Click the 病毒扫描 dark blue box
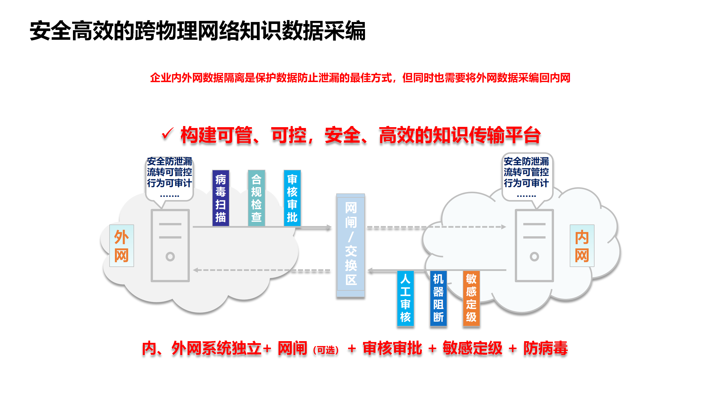221,198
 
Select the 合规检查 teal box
256,198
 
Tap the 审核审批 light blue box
292,198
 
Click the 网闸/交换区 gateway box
351,245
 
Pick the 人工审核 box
405,298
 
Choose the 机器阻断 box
438,298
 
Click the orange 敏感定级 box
471,298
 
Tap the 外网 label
121,246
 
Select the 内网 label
582,246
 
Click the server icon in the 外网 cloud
170,245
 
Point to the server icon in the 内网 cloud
534,245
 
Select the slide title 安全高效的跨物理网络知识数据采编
197,31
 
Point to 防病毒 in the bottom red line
546,348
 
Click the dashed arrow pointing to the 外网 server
262,270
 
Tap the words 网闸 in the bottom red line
292,348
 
